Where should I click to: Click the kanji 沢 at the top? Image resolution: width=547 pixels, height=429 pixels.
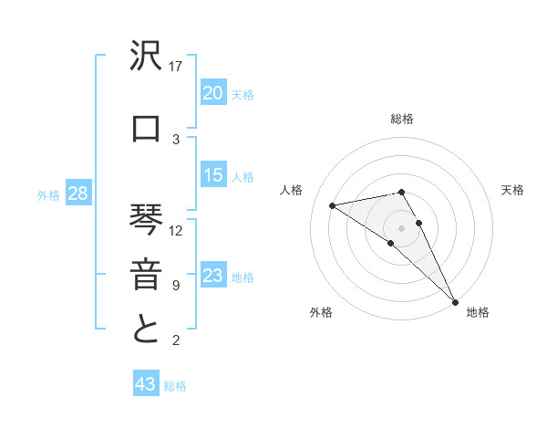(147, 59)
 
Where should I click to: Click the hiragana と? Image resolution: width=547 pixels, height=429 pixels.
(147, 329)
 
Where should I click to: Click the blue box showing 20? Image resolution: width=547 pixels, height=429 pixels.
(213, 93)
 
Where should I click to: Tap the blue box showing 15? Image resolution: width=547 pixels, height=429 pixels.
(213, 176)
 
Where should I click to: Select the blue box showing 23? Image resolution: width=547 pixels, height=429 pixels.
(213, 277)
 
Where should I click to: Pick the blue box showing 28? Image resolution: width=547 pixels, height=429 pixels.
(77, 194)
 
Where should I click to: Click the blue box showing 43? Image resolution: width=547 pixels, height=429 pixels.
(146, 385)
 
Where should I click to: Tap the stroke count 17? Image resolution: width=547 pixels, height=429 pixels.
(177, 67)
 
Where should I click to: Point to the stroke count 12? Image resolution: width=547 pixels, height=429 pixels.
(177, 231)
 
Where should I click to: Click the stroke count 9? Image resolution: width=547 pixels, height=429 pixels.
(176, 286)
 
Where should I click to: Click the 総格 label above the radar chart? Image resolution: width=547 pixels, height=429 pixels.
(402, 119)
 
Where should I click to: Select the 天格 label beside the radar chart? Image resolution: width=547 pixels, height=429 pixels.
(513, 190)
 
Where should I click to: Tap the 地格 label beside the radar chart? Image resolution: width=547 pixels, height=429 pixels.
(478, 313)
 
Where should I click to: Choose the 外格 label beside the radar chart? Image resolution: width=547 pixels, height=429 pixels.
(321, 313)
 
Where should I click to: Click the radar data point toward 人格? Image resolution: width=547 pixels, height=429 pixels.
(333, 205)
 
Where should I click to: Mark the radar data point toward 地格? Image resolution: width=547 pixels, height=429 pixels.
(455, 300)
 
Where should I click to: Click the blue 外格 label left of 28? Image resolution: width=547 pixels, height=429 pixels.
(48, 195)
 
